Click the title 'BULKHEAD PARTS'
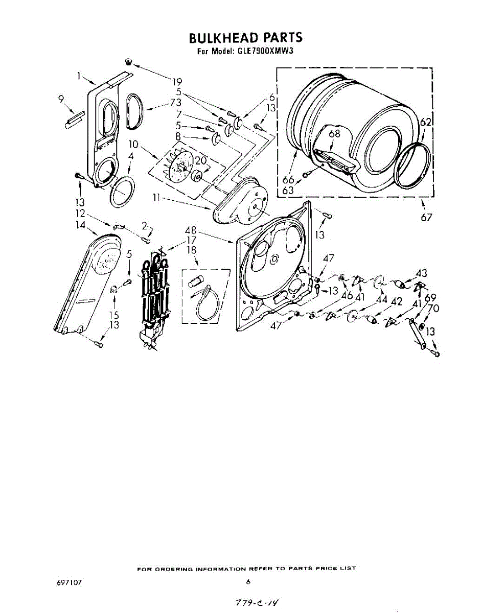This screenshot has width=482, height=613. (245, 38)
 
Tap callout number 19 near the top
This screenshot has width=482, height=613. (177, 81)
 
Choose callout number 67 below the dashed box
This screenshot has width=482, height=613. (427, 218)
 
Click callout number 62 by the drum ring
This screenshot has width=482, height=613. (426, 122)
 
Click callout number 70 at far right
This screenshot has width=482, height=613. (433, 309)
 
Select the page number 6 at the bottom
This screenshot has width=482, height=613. (248, 582)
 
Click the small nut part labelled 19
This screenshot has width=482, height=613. (128, 62)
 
